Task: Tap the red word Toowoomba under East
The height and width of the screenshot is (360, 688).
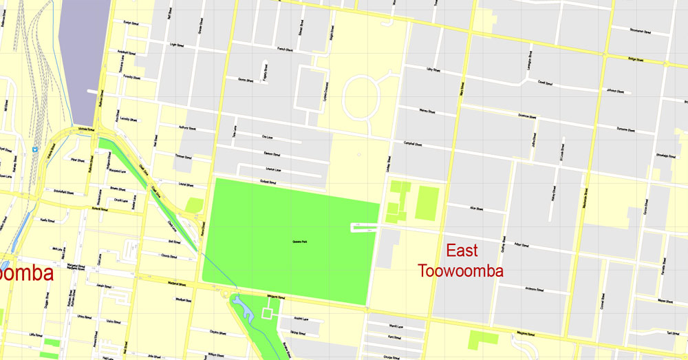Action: [461, 270]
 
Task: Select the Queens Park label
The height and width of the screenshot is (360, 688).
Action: [297, 241]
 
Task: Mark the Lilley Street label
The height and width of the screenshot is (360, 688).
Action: [433, 70]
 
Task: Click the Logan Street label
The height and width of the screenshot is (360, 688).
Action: [177, 45]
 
